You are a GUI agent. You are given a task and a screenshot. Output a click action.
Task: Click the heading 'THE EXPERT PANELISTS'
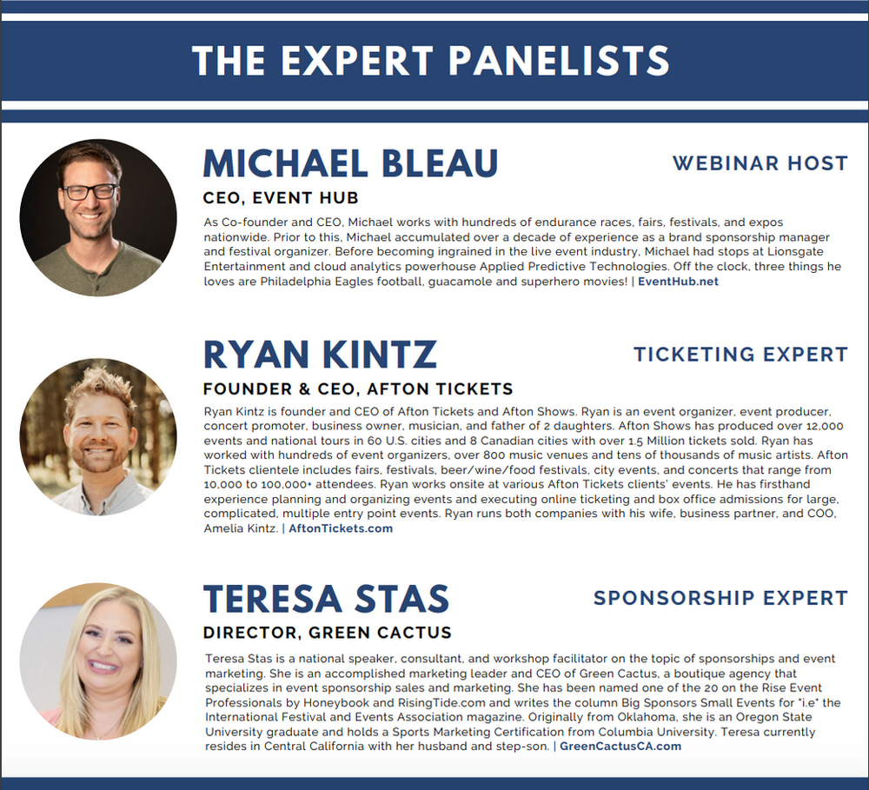[431, 61]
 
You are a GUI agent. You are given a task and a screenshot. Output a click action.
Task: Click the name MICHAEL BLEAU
[351, 163]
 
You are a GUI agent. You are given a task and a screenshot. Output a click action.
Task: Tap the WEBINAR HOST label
[760, 163]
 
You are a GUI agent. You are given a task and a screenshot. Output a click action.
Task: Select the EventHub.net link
[678, 281]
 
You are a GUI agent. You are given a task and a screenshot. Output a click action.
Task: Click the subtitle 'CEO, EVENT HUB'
[281, 198]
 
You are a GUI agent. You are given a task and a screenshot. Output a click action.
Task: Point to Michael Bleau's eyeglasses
[91, 192]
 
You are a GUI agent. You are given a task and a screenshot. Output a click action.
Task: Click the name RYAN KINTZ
[321, 355]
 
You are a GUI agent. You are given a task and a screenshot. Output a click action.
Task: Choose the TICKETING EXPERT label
[740, 355]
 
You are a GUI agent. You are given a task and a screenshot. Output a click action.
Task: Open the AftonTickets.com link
[341, 528]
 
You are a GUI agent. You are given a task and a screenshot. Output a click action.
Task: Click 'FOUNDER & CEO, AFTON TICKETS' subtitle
[358, 389]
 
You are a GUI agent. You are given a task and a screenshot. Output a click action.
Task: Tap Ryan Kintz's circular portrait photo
[98, 437]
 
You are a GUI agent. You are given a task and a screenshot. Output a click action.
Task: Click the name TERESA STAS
[326, 599]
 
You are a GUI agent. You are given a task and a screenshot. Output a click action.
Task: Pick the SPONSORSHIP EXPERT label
[720, 598]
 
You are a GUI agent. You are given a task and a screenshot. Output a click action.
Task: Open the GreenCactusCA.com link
[620, 747]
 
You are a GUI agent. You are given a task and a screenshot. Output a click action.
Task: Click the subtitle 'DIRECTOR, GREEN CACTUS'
[328, 633]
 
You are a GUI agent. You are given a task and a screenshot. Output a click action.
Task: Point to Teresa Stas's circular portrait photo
[98, 661]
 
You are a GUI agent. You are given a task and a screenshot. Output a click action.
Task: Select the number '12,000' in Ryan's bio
[825, 427]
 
